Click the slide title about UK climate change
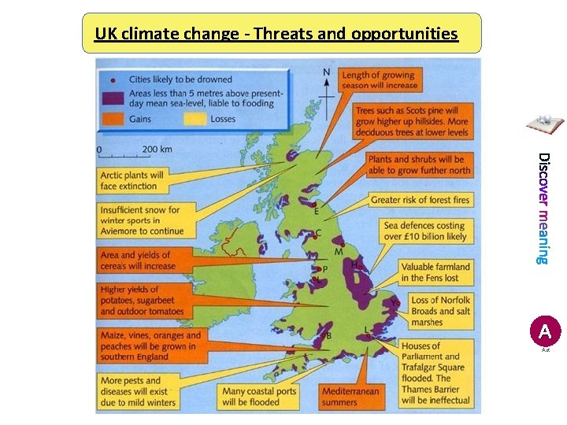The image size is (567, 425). pyautogui.click(x=276, y=34)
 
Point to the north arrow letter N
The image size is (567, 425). pyautogui.click(x=327, y=72)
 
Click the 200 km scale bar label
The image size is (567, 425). pyautogui.click(x=157, y=149)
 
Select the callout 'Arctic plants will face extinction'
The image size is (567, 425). pyautogui.click(x=132, y=181)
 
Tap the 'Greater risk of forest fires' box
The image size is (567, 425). pyautogui.click(x=419, y=200)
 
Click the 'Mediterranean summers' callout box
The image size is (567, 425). pyautogui.click(x=350, y=397)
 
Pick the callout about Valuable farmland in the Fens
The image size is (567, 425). pyautogui.click(x=435, y=272)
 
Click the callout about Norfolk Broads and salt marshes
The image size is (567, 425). pyautogui.click(x=440, y=311)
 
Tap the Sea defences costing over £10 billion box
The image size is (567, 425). pyautogui.click(x=424, y=231)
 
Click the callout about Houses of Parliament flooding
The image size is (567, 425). pyautogui.click(x=435, y=372)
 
